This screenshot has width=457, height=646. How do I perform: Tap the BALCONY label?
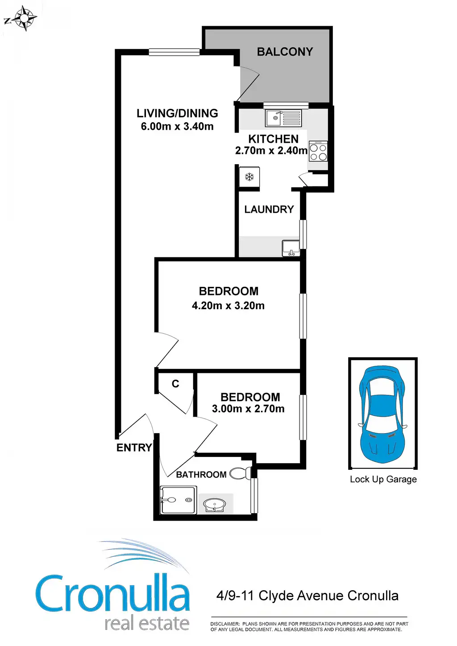285,52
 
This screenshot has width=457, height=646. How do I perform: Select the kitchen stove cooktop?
318,152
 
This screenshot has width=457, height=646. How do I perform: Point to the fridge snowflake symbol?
249,177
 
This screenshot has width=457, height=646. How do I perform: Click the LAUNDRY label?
269,209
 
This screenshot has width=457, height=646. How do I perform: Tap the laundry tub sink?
291,248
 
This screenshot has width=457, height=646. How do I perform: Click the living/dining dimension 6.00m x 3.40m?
177,126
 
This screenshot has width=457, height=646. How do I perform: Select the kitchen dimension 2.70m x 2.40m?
271,151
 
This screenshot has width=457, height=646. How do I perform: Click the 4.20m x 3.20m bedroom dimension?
228,306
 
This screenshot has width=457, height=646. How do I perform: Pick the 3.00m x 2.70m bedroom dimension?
248,409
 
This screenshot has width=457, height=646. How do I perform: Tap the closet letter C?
175,384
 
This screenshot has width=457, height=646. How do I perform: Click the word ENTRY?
134,447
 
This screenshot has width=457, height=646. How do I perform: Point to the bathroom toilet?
241,473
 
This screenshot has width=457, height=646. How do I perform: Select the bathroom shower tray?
178,500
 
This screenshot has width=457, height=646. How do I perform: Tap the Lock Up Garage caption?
383,479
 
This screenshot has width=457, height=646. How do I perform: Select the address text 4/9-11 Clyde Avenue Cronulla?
307,596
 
